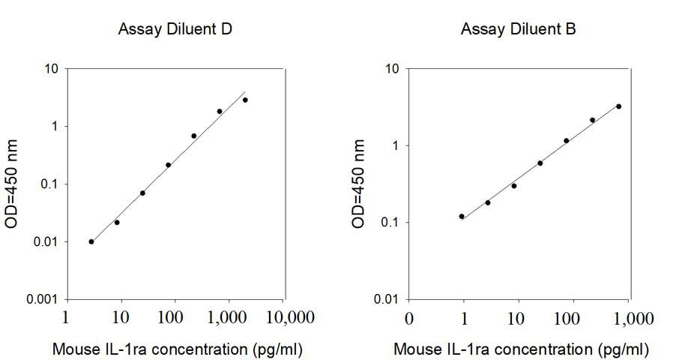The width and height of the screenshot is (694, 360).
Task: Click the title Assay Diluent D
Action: pos(174,30)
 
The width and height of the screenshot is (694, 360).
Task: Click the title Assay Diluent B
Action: pos(518,30)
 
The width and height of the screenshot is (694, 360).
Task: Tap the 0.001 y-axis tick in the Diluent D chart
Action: pos(44,300)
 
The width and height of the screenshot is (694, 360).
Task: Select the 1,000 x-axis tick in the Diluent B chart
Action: pos(632,318)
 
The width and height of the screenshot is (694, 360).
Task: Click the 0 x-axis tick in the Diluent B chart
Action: pos(408,318)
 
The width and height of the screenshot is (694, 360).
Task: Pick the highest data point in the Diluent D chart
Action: pos(245,100)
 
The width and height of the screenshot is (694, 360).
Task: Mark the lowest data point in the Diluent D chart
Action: pos(91,241)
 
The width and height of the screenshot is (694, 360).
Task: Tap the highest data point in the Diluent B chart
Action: pos(618,106)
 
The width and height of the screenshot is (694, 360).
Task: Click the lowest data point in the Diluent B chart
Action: pos(462,217)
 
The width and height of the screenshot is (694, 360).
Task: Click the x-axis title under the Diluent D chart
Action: pos(178,349)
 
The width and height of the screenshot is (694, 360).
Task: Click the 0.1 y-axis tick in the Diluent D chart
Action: pos(49,184)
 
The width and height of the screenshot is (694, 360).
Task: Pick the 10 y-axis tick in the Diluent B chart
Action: pos(392,69)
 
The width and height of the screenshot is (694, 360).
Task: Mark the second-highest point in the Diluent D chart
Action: pos(220,112)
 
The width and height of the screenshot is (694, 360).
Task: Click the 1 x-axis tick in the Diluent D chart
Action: pos(67,318)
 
